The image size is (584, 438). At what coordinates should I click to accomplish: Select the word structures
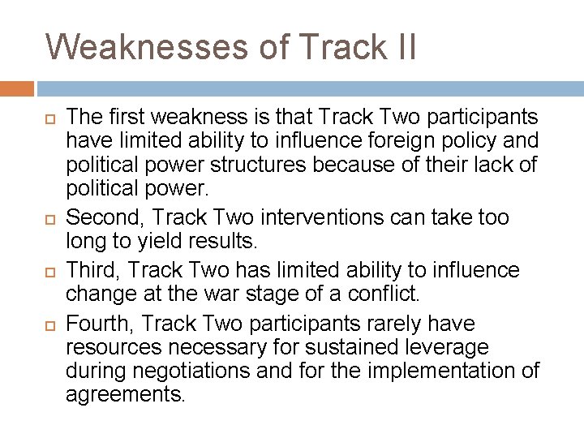pyautogui.click(x=265, y=165)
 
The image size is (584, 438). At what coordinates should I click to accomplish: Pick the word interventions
pyautogui.click(x=316, y=217)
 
